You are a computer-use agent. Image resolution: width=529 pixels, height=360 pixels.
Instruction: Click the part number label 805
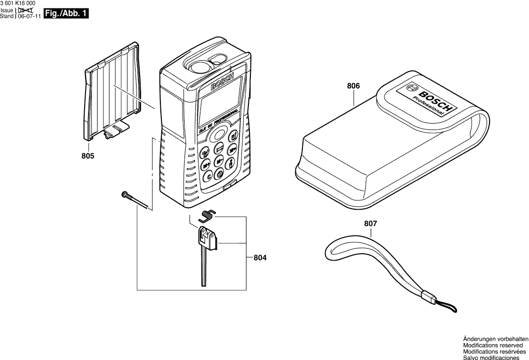[x=88, y=156]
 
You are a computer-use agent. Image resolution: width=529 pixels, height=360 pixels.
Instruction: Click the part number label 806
[x=353, y=86]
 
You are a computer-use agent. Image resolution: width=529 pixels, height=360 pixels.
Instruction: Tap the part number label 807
[x=370, y=224]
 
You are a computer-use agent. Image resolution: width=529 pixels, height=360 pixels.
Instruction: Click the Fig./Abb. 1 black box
[x=66, y=14]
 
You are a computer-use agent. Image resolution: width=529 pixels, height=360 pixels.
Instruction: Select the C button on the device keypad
[x=208, y=176]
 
